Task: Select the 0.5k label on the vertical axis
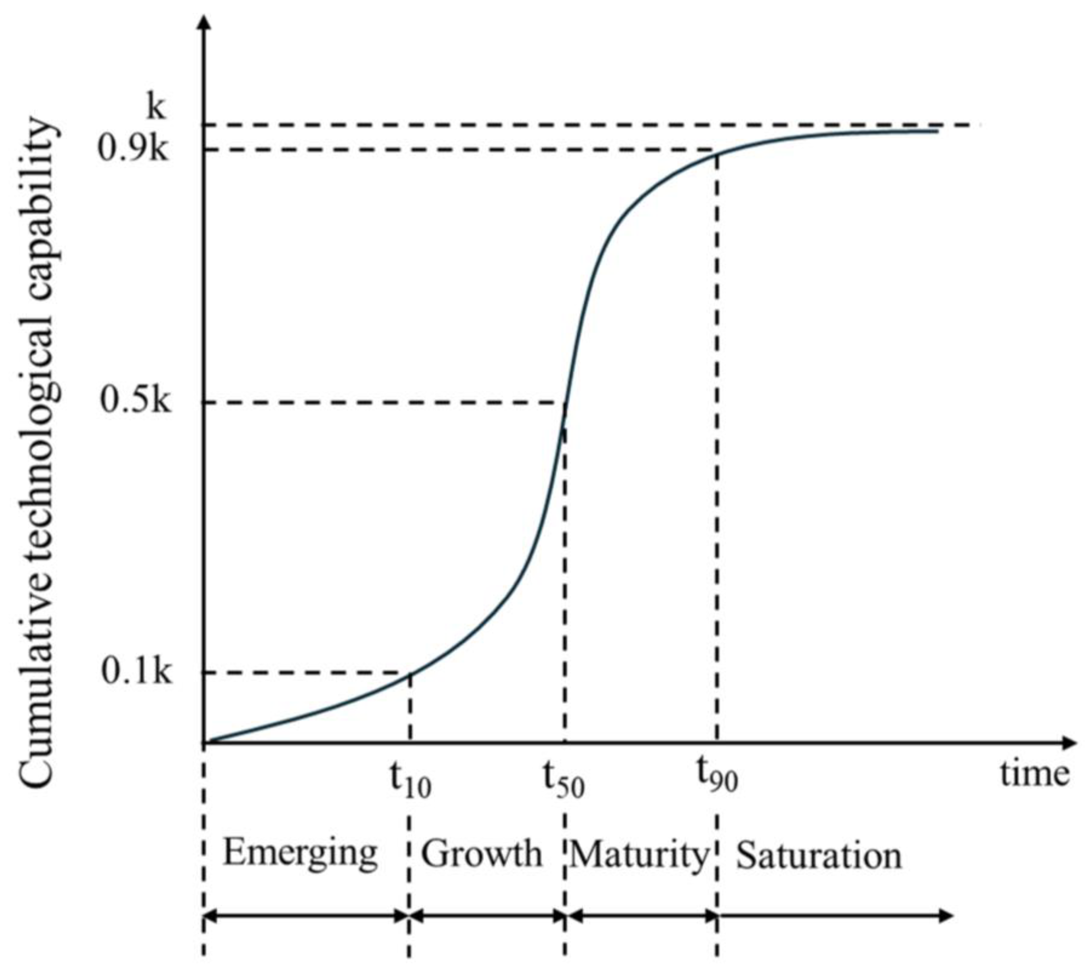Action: pyautogui.click(x=136, y=401)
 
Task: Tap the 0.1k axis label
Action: pyautogui.click(x=136, y=672)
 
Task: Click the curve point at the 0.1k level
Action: pyautogui.click(x=409, y=673)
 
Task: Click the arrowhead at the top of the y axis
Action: pyautogui.click(x=203, y=23)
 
